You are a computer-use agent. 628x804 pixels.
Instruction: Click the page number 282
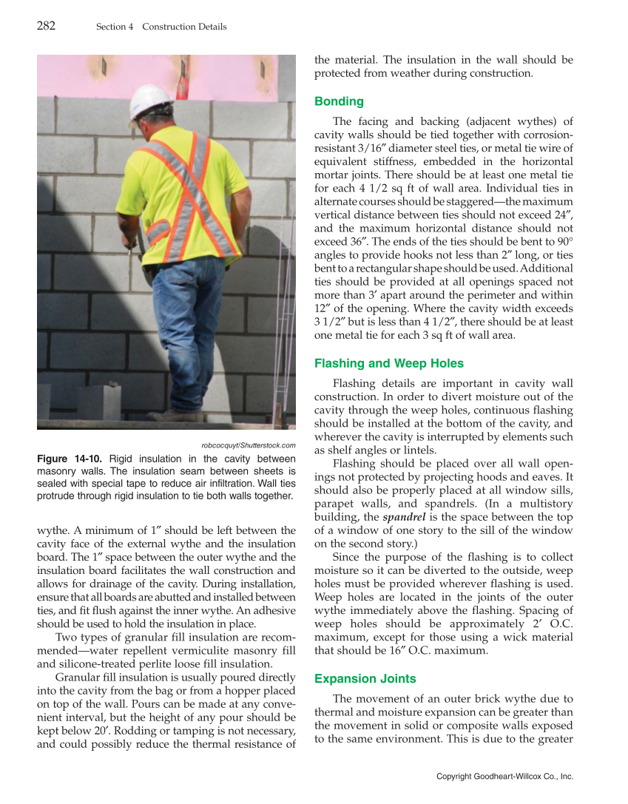point(46,26)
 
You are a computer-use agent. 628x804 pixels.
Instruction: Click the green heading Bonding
point(339,101)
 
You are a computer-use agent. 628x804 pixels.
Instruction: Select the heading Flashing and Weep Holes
point(389,363)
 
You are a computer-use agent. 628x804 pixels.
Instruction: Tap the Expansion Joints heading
point(365,678)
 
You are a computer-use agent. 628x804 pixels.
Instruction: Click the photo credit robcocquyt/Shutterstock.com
point(249,445)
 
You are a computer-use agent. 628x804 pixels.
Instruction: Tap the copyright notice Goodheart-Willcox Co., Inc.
point(505,777)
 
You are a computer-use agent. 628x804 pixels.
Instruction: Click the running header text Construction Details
point(184,27)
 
